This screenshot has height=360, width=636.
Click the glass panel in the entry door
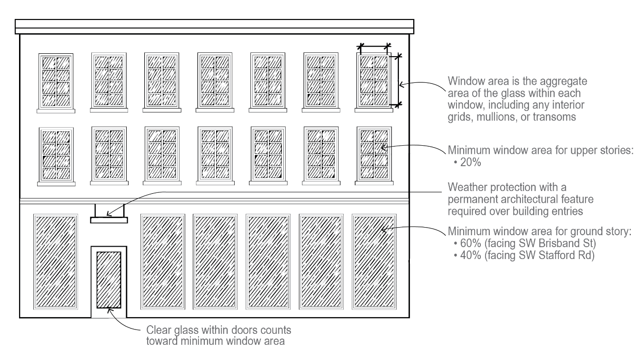click(x=109, y=280)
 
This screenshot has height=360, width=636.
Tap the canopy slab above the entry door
click(x=109, y=220)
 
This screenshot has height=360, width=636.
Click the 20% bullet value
click(x=470, y=162)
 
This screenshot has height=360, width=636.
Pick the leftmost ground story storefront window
click(x=56, y=262)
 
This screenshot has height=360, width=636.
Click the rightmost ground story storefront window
click(x=374, y=262)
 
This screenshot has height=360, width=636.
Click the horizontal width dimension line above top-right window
click(x=374, y=46)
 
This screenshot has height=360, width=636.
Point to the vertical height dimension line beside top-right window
click(x=398, y=80)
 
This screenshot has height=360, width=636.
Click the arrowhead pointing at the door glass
click(x=109, y=310)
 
